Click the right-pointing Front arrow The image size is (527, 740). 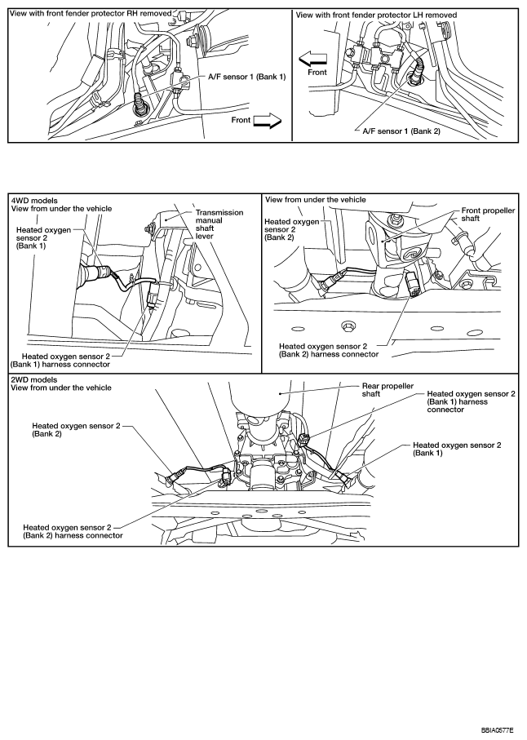point(266,122)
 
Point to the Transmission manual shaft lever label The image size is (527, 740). point(219,224)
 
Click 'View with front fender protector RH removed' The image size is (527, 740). point(91,14)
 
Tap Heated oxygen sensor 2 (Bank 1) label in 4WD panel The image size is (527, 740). point(38,241)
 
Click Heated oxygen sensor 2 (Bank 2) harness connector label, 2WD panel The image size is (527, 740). point(73,531)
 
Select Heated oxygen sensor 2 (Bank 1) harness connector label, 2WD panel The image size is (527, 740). point(471,401)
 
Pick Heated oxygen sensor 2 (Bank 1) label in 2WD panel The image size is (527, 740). point(456,450)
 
